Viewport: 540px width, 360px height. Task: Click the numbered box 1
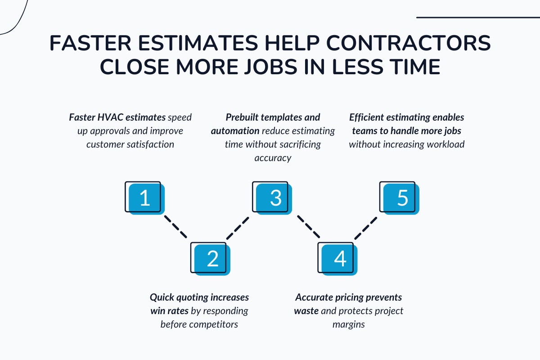pos(144,198)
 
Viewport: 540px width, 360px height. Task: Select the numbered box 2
pos(211,259)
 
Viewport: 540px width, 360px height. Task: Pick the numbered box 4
pos(339,259)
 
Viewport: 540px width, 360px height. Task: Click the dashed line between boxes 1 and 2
pos(175,226)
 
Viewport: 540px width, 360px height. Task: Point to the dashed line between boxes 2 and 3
pos(238,228)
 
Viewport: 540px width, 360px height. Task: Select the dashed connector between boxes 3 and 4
pos(308,226)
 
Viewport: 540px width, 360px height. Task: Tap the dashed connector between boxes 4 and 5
pos(365,228)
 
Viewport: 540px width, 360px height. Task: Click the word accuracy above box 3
pos(272,158)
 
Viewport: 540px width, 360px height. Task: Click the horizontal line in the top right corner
pos(478,18)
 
